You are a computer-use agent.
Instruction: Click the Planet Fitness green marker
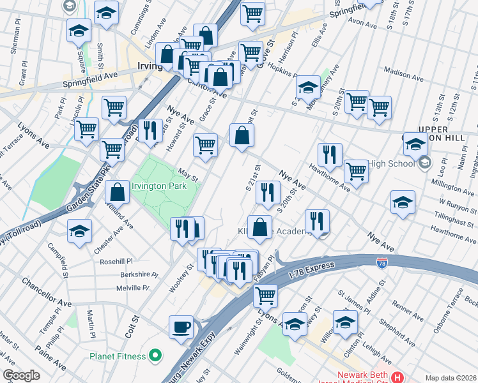pos(155,355)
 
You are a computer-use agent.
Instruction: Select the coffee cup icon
pos(181,326)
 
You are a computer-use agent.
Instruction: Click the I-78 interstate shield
pos(381,263)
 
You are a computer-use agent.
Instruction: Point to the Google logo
pos(21,375)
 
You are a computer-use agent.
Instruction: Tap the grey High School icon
pos(426,163)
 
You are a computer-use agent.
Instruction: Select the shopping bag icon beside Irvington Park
pos(118,191)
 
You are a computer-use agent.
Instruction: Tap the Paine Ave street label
pos(51,357)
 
